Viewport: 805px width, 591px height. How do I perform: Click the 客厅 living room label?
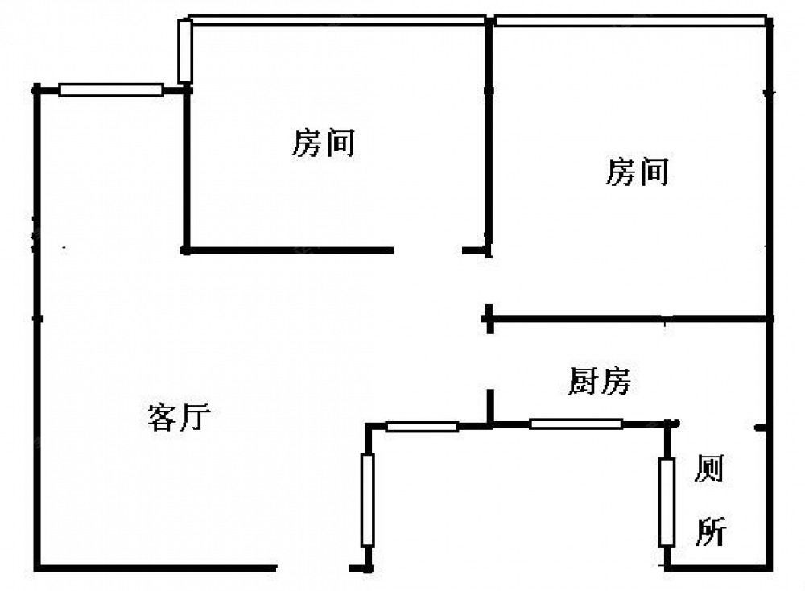tap(179, 417)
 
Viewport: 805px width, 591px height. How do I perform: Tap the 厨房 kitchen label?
tap(598, 382)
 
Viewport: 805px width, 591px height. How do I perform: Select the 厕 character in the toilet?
tap(708, 469)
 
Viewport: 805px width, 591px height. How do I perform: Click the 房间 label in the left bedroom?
tap(322, 144)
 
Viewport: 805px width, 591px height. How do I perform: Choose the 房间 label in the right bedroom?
tap(637, 172)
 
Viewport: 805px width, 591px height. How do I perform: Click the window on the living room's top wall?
tap(111, 90)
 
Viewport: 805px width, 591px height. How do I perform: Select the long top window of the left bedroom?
tap(338, 20)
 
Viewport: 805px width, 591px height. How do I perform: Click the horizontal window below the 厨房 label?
tap(576, 424)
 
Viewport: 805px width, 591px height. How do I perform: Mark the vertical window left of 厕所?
tap(666, 502)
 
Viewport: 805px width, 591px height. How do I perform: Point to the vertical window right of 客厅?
tap(368, 499)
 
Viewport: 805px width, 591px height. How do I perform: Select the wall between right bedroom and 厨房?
tap(628, 320)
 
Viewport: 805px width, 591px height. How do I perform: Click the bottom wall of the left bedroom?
tap(290, 250)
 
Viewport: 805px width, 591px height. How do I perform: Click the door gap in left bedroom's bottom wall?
tap(428, 251)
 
